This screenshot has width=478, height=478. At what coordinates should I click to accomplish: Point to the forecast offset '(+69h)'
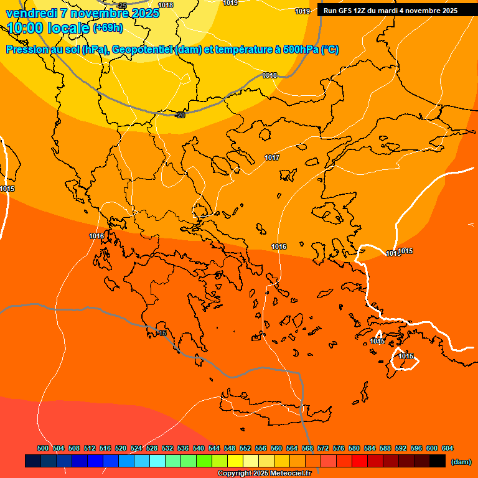108,28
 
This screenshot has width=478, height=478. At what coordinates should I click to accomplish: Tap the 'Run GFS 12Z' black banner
390,11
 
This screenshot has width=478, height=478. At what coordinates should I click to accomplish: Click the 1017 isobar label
272,158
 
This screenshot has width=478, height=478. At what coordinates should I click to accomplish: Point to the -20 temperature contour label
180,115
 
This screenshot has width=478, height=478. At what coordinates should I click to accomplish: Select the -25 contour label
122,6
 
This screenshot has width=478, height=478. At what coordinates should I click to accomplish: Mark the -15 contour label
162,334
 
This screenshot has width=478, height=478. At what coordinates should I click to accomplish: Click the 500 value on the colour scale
43,449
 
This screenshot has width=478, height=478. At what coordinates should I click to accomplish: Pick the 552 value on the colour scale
245,449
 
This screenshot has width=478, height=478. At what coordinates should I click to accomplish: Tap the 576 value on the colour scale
339,449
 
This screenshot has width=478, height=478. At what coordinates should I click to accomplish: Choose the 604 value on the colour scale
448,449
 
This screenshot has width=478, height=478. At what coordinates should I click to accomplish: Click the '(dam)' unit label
461,462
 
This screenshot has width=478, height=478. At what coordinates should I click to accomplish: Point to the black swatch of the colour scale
438,461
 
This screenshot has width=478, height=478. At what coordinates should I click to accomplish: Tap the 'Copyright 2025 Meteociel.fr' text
264,474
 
